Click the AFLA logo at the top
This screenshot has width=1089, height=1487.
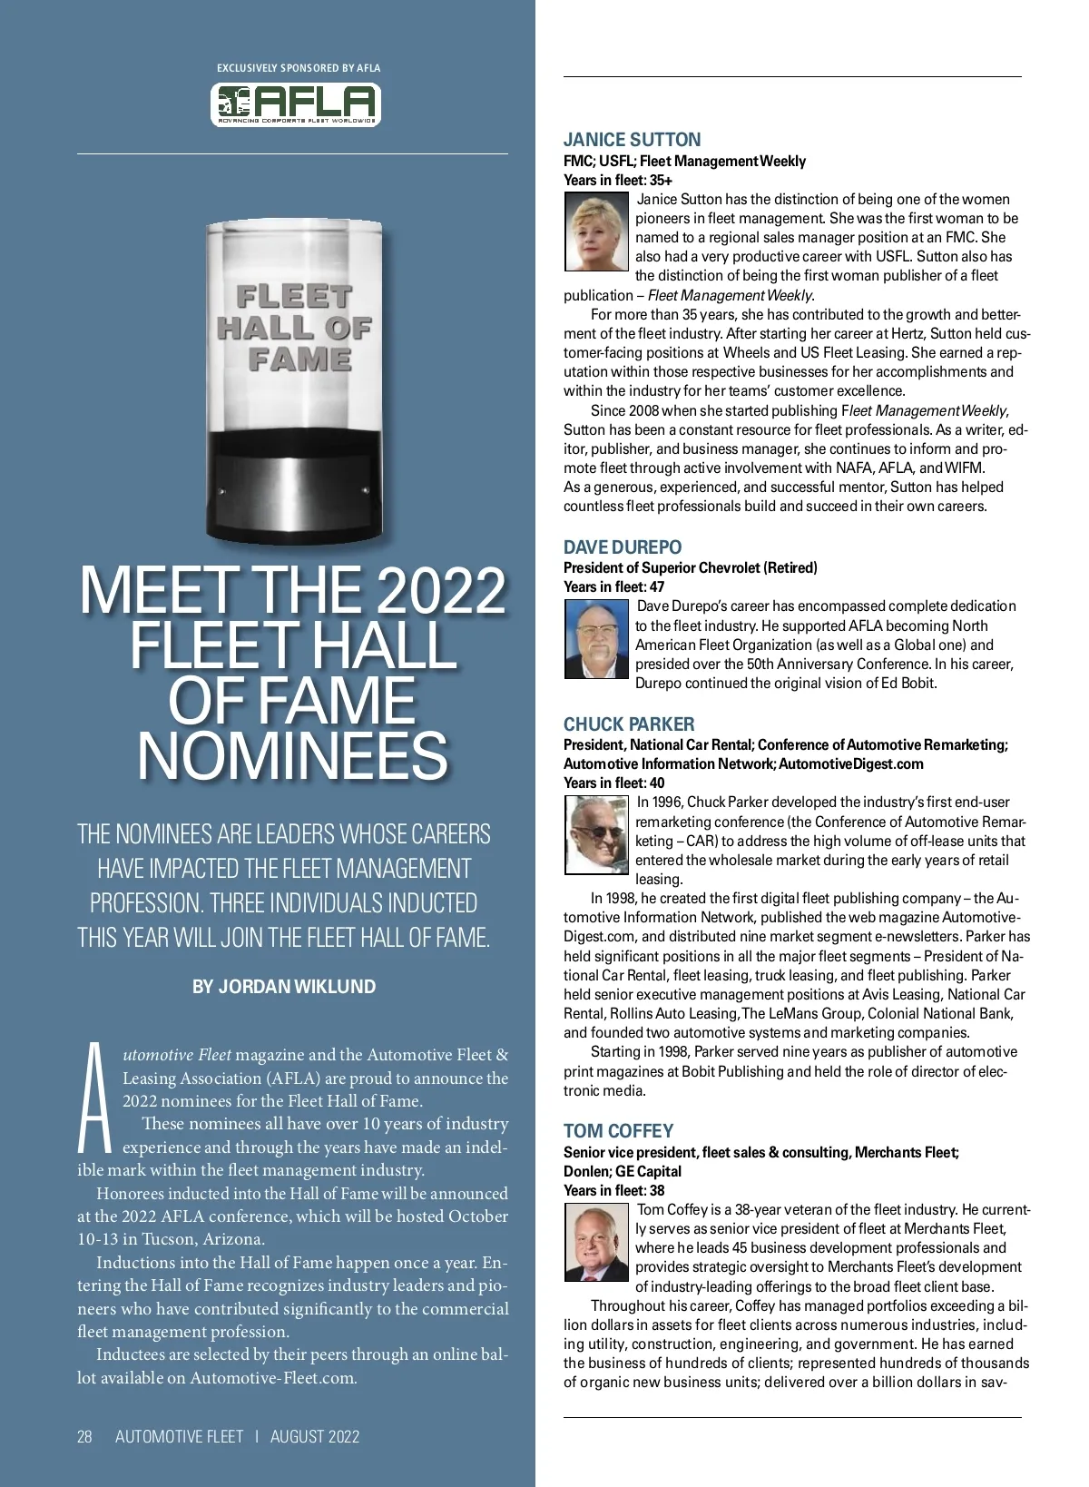[x=296, y=104]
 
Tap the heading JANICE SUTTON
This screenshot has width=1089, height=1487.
[x=632, y=140]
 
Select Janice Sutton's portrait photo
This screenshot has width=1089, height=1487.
[x=596, y=233]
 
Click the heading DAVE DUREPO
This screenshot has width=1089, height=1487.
[x=623, y=547]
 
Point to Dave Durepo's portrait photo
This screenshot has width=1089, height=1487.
[x=596, y=640]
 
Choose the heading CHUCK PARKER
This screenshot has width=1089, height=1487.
[x=629, y=724]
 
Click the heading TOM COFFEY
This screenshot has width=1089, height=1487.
[x=618, y=1131]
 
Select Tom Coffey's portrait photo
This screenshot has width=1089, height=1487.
[x=596, y=1242]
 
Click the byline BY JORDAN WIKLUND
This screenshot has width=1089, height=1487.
[x=284, y=987]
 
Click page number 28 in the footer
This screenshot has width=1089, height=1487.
[x=84, y=1436]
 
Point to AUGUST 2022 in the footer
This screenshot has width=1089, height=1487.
[x=315, y=1436]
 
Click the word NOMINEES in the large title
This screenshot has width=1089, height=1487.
[x=292, y=756]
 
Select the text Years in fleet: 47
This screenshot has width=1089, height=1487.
[x=613, y=586]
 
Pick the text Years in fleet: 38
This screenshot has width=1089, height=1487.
[x=613, y=1190]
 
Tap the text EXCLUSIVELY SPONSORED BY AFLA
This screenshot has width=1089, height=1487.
[x=299, y=68]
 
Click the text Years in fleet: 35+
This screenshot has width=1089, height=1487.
[x=618, y=180]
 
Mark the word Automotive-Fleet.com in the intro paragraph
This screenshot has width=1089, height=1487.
[x=271, y=1377]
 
